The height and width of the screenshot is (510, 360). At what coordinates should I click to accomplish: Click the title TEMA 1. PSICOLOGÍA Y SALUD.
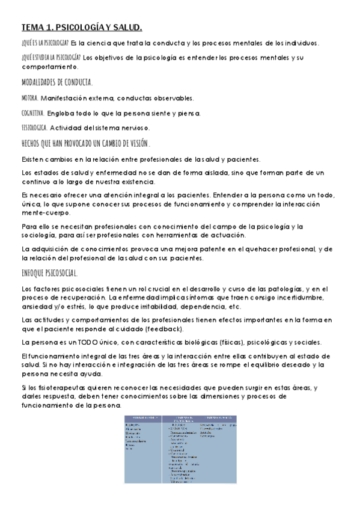tap(82, 27)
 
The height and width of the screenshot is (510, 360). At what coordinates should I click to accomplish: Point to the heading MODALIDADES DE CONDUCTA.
tap(57, 82)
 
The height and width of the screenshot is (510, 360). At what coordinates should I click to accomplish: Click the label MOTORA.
tap(29, 97)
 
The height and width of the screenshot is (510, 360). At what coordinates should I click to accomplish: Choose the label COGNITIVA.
tap(32, 112)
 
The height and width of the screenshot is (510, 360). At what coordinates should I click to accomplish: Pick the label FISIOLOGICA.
tap(34, 127)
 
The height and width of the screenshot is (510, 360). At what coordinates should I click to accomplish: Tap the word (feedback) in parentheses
tap(183, 328)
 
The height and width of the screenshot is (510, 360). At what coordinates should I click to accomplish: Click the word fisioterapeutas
tap(53, 388)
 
